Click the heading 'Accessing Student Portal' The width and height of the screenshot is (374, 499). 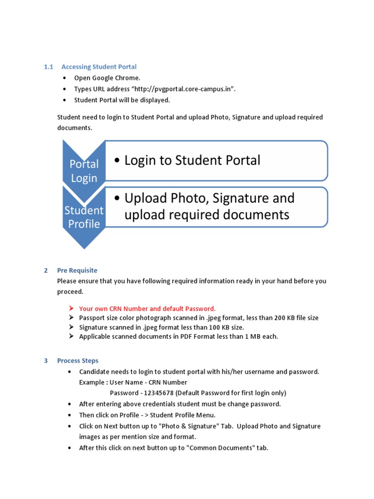pyautogui.click(x=99, y=67)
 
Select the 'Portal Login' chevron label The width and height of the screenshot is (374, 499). pyautogui.click(x=84, y=171)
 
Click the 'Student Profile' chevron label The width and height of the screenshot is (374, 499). pyautogui.click(x=84, y=217)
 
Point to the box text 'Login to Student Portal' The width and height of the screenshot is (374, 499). pyautogui.click(x=192, y=160)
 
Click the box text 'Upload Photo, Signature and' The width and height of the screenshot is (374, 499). pyautogui.click(x=209, y=198)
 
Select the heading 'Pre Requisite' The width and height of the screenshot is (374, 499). pyautogui.click(x=77, y=270)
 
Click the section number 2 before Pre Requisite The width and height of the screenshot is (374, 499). pyautogui.click(x=46, y=270)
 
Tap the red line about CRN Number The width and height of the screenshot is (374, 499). pyautogui.click(x=147, y=308)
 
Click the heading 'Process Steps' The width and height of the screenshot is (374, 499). pyautogui.click(x=77, y=361)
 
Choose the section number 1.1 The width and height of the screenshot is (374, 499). pyautogui.click(x=48, y=67)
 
